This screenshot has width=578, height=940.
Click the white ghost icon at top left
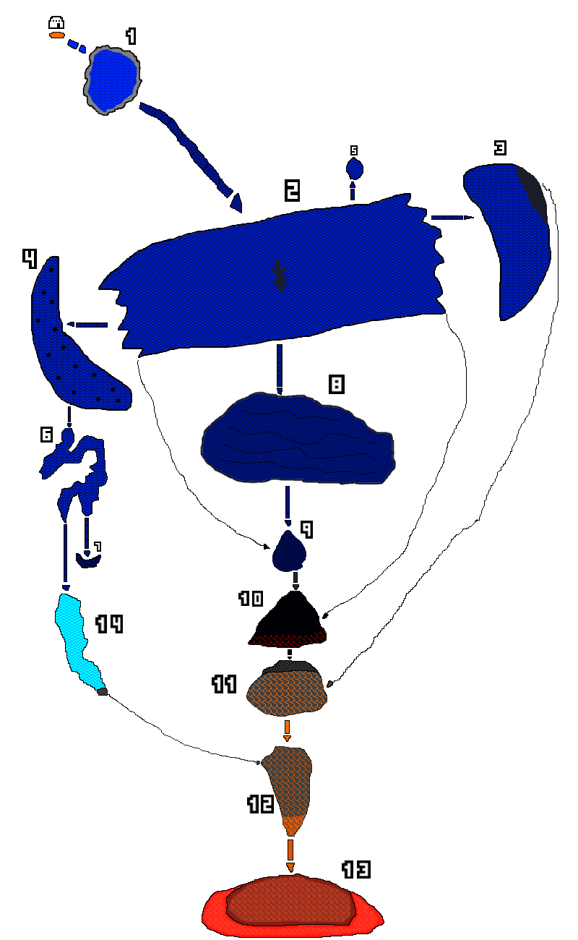coord(56,22)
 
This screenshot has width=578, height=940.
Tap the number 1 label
coord(131,36)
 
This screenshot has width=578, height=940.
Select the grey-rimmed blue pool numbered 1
coord(112,79)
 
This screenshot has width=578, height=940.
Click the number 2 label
coord(292,190)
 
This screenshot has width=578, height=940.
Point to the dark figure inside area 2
coord(279,275)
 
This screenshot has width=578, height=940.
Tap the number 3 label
coord(500,148)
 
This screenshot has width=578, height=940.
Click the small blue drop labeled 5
coord(354,169)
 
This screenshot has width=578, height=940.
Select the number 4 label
coord(30,258)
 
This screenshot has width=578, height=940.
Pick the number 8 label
coord(336,384)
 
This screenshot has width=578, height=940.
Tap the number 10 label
coord(251,599)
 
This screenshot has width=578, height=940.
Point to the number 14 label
coord(110,624)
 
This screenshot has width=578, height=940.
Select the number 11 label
coord(225,684)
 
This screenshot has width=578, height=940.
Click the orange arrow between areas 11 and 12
coord(287,729)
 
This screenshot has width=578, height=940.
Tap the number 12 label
coord(261,804)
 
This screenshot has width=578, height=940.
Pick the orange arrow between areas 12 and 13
coord(290,854)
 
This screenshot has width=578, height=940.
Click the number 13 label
coord(355,870)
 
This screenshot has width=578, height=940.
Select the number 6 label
coord(46,435)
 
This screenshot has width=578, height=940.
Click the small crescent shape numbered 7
coord(87,560)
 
